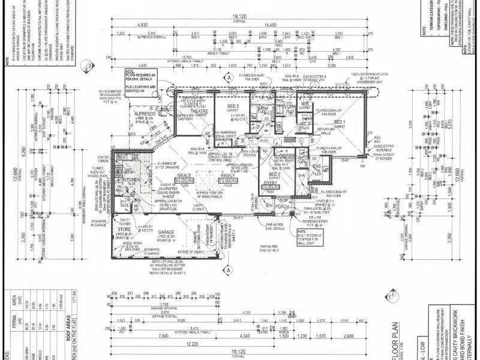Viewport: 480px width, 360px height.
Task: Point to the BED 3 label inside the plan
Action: click(217, 106)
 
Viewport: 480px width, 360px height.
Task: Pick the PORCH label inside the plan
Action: click(282, 207)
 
